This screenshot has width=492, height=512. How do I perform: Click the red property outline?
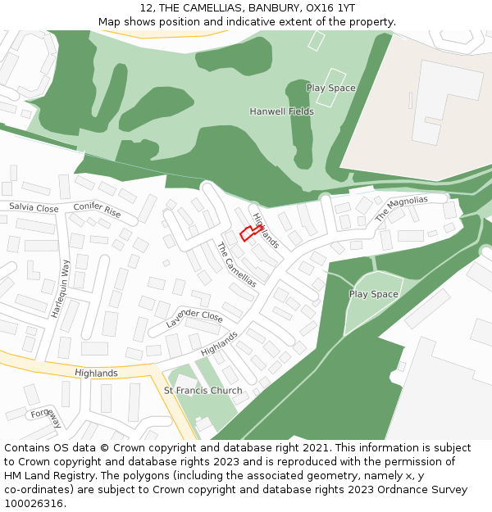pos(251,233)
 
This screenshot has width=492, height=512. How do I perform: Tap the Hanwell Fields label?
pos(281,111)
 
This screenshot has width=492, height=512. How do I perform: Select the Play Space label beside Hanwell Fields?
pos(330,88)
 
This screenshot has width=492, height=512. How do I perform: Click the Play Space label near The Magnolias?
pos(373,294)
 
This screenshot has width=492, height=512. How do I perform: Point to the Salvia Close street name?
pos(34,209)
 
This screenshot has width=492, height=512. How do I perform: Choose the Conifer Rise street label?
pos(97,211)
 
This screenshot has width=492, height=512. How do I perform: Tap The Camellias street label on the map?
pos(236,265)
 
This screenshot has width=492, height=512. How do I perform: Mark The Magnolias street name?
pos(401,209)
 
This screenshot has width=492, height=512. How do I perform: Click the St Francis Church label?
pos(203,391)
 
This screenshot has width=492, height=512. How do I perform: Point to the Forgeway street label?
pos(46,418)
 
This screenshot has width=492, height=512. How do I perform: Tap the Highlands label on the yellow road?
pos(96,374)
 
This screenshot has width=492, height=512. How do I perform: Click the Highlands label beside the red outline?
pos(266,231)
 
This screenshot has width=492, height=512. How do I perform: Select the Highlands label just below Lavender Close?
pos(219,344)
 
